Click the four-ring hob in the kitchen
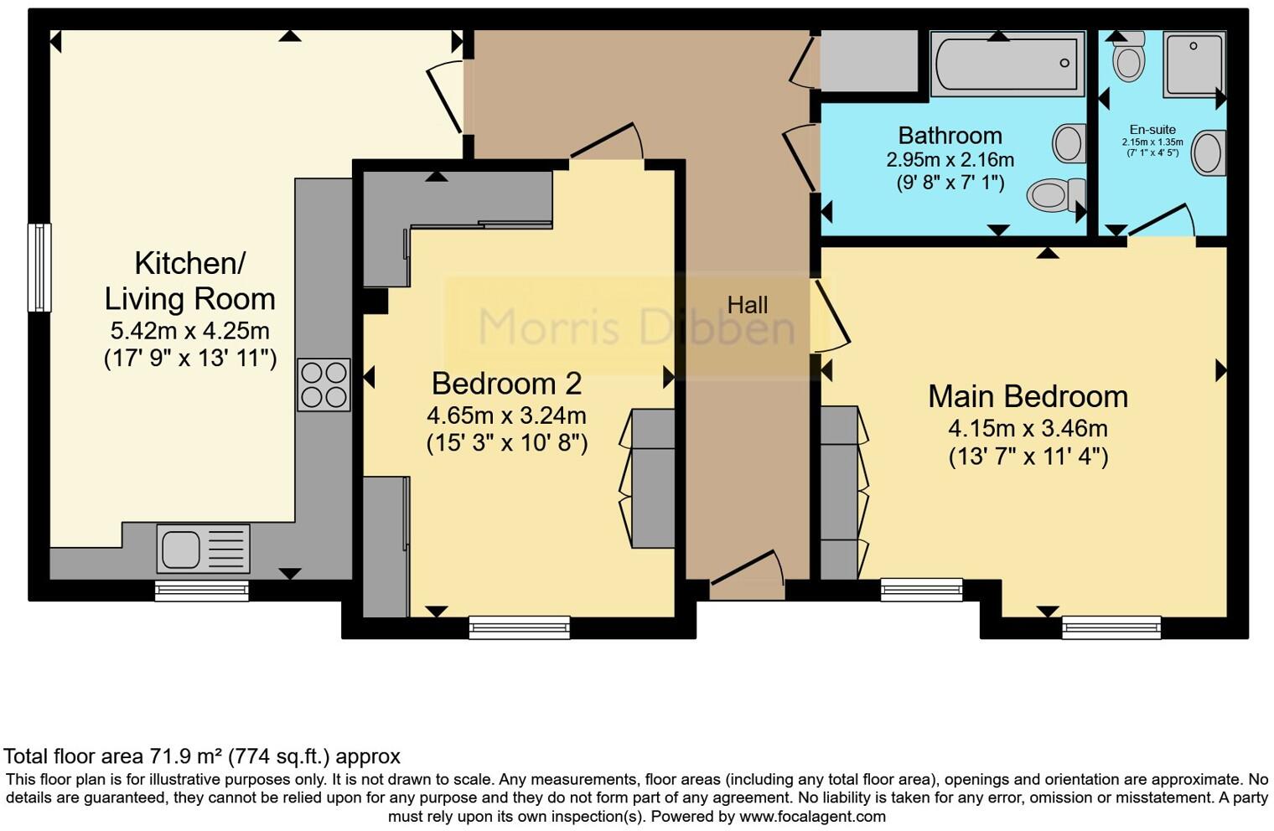(x=324, y=385)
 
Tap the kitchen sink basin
(x=181, y=549)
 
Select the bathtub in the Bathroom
(x=1007, y=64)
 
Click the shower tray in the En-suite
(x=1194, y=65)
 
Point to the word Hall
(x=748, y=305)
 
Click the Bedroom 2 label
(x=506, y=383)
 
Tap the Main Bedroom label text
(x=1028, y=396)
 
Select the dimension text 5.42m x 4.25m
(x=190, y=330)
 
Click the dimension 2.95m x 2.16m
(x=950, y=160)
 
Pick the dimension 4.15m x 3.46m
(x=1028, y=428)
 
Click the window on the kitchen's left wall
(x=40, y=268)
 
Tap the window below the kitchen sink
(x=202, y=591)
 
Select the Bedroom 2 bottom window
(x=520, y=627)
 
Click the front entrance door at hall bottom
(x=748, y=574)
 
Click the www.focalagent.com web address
(x=812, y=817)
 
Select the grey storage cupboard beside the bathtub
(x=870, y=61)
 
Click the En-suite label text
(x=1152, y=130)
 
